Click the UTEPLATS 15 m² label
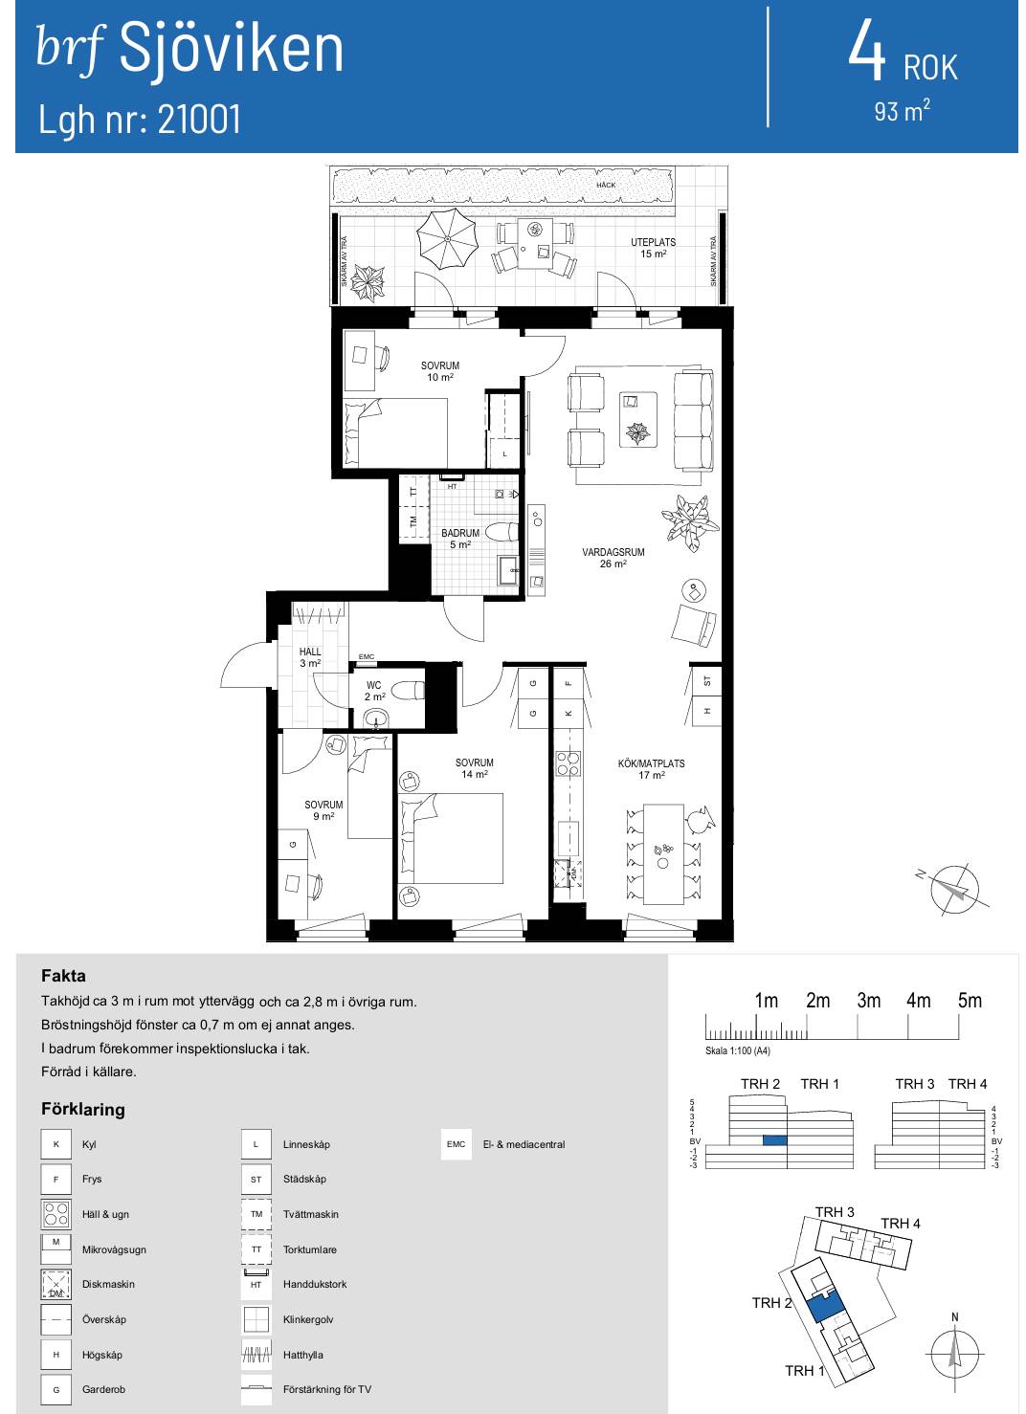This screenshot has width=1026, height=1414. [x=653, y=248]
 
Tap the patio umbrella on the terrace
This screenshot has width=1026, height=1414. [x=446, y=238]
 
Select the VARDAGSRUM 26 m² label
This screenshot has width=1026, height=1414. [x=613, y=558]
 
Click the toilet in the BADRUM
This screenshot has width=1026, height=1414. [x=502, y=532]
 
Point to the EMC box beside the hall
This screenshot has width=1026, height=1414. [x=367, y=656]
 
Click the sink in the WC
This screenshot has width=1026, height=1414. [x=378, y=718]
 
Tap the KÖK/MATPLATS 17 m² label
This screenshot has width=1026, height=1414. [x=651, y=769]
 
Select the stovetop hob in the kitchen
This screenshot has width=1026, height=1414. [x=568, y=763]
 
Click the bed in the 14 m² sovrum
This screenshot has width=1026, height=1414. [x=451, y=838]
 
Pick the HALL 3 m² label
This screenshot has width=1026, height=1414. [x=310, y=657]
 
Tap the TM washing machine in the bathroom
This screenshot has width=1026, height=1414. [x=413, y=521]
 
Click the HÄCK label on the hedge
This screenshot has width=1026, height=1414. [x=606, y=185]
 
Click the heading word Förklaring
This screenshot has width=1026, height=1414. [x=82, y=1109]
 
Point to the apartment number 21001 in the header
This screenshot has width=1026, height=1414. [x=199, y=119]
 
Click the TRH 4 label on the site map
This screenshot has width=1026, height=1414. [x=901, y=1224]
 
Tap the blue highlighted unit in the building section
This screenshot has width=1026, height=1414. [x=774, y=1140]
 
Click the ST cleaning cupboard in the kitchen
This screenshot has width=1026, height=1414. [x=706, y=680]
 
